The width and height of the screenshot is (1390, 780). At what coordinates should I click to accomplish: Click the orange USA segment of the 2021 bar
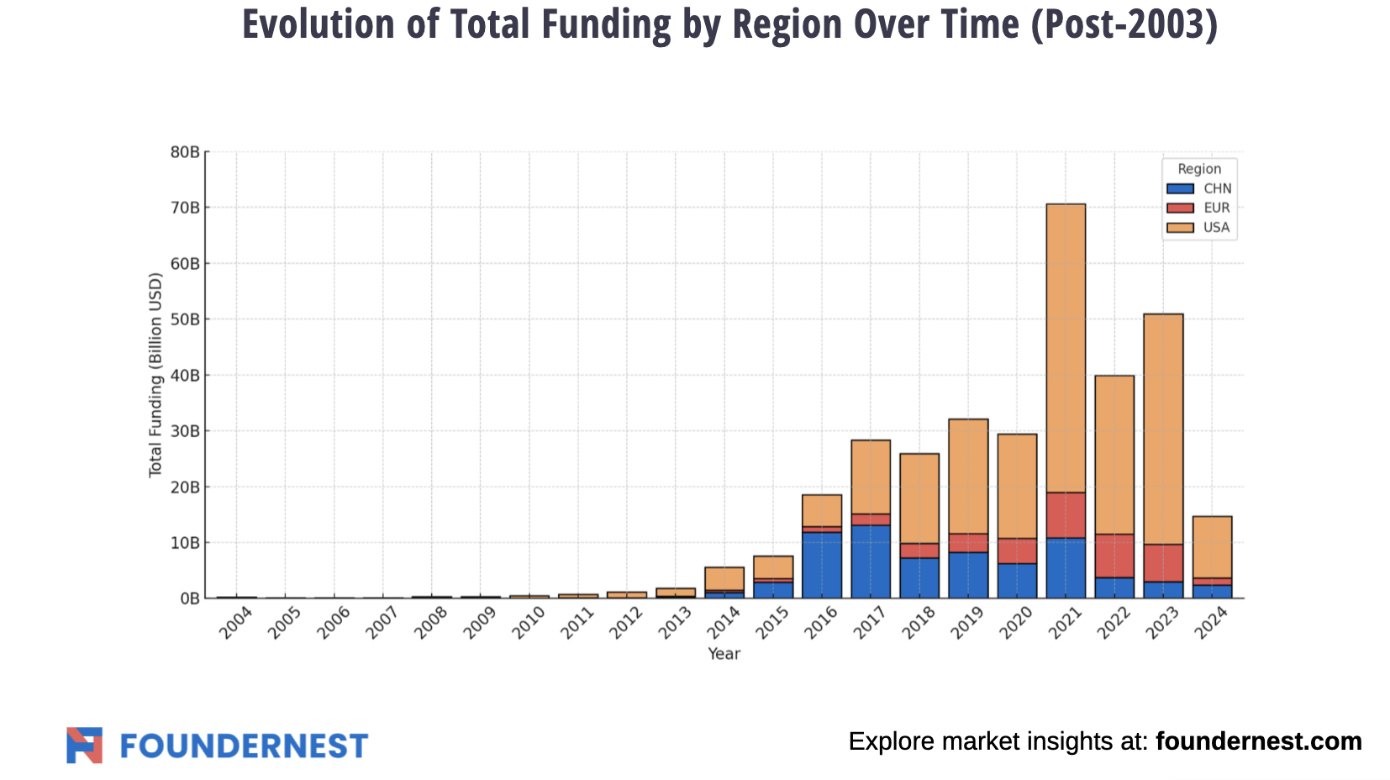[x=1066, y=348]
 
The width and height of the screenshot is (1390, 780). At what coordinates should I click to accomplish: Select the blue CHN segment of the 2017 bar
[x=871, y=561]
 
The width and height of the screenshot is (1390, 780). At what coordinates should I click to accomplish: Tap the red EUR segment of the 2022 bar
[x=1114, y=556]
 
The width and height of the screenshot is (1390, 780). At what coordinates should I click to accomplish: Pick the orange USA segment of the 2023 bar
[x=1163, y=429]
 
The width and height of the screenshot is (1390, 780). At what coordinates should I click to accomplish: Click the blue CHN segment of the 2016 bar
[x=822, y=565]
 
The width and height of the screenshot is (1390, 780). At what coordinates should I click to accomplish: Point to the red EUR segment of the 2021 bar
[x=1066, y=515]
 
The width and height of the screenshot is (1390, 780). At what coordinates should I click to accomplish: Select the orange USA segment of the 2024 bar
[x=1212, y=546]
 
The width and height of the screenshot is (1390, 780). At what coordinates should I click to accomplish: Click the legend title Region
[x=1199, y=169]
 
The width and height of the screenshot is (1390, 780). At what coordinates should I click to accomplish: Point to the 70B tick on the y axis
[x=185, y=208]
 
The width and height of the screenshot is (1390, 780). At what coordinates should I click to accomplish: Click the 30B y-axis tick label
[x=185, y=431]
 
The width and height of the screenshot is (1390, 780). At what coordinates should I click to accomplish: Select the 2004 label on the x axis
[x=235, y=625]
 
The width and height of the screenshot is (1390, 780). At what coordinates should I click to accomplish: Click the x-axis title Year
[x=724, y=654]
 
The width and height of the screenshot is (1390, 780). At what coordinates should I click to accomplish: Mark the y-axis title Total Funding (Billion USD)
[x=155, y=375]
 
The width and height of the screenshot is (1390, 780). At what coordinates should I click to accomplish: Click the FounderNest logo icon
[x=84, y=746]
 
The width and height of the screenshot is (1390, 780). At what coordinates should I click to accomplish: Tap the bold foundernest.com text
[x=1258, y=741]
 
